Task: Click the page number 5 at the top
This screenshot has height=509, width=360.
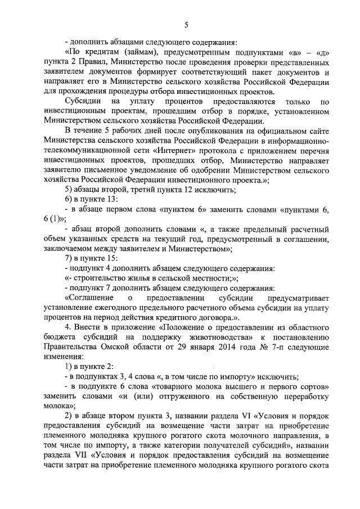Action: (186, 24)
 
